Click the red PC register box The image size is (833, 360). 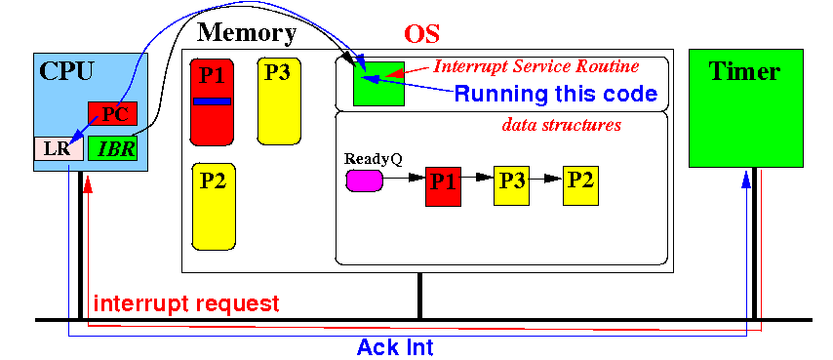[x=112, y=113]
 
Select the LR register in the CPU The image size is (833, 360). [x=59, y=148]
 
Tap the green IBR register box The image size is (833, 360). [x=112, y=148]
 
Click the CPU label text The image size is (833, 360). [x=67, y=71]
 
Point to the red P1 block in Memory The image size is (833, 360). [x=212, y=101]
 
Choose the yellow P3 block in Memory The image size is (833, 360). [x=279, y=100]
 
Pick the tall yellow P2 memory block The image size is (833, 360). [x=214, y=207]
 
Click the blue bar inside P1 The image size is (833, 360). [x=212, y=100]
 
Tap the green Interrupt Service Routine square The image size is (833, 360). [x=378, y=83]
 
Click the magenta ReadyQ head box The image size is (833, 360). [x=365, y=180]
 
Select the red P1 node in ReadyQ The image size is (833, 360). [x=444, y=185]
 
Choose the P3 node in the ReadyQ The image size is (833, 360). [x=511, y=185]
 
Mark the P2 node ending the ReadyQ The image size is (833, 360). [x=580, y=185]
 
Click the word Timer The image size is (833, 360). [x=745, y=71]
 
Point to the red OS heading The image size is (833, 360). [x=421, y=34]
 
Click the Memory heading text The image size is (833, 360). [x=247, y=33]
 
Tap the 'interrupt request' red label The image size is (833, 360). [x=186, y=303]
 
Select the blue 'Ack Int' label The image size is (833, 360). [x=395, y=347]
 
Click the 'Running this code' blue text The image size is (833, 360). [x=556, y=94]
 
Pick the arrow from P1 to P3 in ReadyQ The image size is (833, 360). [x=478, y=179]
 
